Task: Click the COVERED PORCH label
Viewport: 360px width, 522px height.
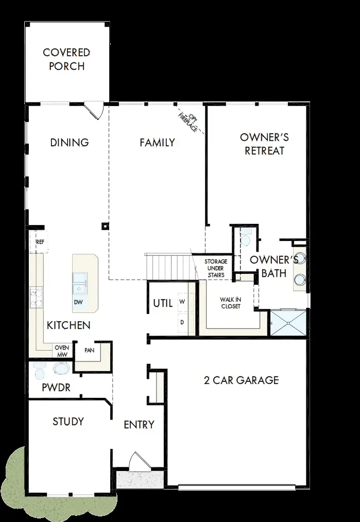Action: [66, 59]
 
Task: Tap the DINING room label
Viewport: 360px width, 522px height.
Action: [70, 143]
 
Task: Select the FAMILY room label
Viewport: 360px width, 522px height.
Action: [157, 143]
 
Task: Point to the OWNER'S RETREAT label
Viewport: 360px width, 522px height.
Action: [265, 144]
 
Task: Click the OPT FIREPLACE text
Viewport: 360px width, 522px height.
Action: [188, 123]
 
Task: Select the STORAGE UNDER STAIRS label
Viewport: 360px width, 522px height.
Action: [215, 268]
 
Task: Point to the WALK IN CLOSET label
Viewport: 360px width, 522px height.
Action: [230, 303]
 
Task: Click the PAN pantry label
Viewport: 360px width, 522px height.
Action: [89, 351]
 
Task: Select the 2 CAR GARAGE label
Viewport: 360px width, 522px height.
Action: [241, 380]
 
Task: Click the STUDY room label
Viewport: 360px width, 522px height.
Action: [68, 422]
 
